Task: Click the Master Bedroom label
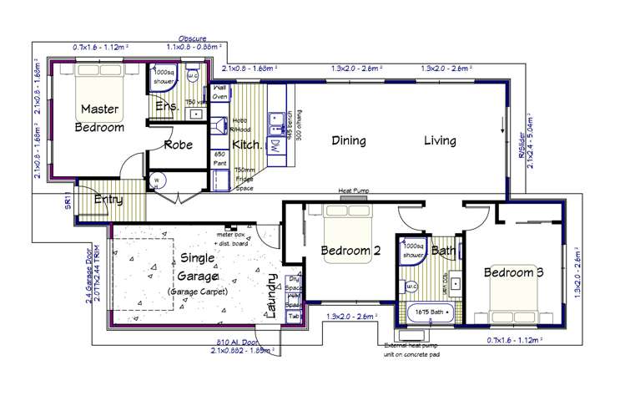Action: pos(99,117)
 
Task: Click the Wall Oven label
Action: pos(220,92)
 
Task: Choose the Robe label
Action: pos(179,145)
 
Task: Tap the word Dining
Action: pos(349,141)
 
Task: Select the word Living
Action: pos(439,141)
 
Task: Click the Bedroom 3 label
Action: pos(513,272)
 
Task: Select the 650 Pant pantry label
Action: pos(220,159)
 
